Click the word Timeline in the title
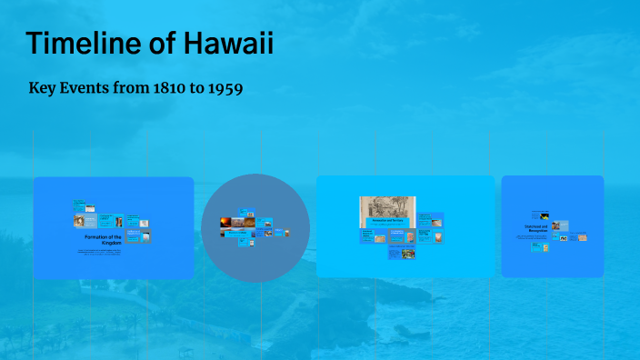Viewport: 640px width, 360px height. (x=83, y=43)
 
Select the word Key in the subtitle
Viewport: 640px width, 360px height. (x=43, y=90)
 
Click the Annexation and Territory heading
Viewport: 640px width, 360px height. (x=387, y=221)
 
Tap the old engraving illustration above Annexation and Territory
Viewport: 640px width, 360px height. (x=387, y=206)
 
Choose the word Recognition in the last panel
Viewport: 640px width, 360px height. (x=536, y=232)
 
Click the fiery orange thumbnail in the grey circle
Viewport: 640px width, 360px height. (x=225, y=222)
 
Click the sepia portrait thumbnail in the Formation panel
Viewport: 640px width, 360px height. (x=92, y=221)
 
